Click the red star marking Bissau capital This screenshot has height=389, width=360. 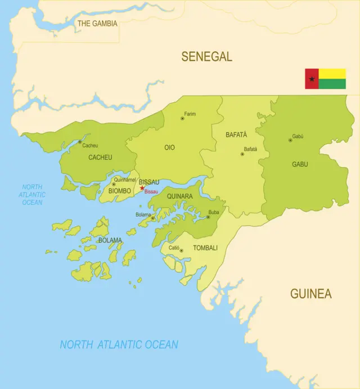click(x=142, y=189)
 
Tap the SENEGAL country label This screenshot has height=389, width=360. click(x=206, y=56)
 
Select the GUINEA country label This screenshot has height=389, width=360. click(x=310, y=293)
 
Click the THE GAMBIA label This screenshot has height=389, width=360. click(x=97, y=24)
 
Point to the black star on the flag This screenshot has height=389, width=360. click(x=312, y=79)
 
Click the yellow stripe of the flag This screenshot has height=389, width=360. click(x=332, y=74)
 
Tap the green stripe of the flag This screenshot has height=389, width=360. click(x=332, y=84)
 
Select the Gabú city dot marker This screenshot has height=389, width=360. click(x=290, y=140)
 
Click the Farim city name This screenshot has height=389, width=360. click(x=190, y=114)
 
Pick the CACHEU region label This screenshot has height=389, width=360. click(x=100, y=158)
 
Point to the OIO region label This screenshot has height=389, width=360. click(x=169, y=147)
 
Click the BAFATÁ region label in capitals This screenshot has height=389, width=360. click(x=236, y=135)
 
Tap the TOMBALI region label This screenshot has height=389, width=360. click(x=205, y=248)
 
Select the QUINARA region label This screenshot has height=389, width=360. click(x=179, y=196)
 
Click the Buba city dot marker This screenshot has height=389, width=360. click(x=208, y=217)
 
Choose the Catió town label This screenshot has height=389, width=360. click(x=174, y=248)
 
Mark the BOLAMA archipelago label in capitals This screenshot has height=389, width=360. click(x=110, y=240)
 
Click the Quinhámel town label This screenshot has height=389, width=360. click(x=125, y=180)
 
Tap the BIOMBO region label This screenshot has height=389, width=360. click(x=120, y=190)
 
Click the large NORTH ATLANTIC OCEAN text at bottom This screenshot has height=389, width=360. click(x=119, y=345)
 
